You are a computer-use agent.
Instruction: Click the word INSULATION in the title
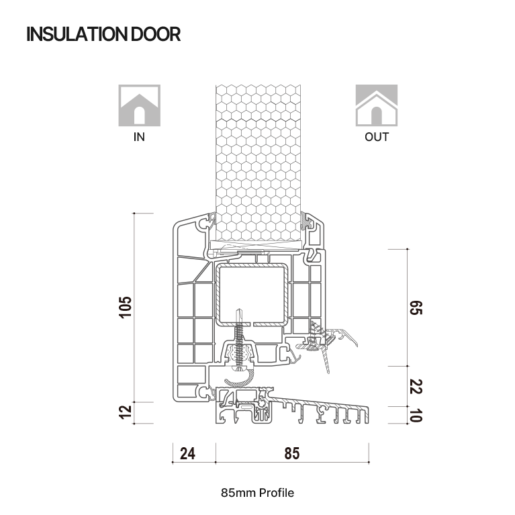tap(77, 34)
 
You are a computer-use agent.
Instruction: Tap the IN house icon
tap(139, 105)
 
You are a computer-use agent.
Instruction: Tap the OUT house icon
tap(377, 105)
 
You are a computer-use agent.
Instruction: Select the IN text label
tap(139, 136)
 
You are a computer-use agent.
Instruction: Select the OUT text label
tap(377, 136)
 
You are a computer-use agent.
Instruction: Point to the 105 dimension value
tap(125, 307)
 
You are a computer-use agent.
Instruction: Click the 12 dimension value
tap(125, 412)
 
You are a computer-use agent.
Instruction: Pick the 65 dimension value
tap(416, 308)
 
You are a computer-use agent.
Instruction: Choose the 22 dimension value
tap(416, 386)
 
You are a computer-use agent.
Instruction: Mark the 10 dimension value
tap(416, 415)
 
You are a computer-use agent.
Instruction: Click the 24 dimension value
tap(187, 453)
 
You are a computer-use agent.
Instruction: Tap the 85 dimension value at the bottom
tap(292, 453)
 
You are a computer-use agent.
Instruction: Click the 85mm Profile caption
tap(258, 493)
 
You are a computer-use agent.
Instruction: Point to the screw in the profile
tap(240, 340)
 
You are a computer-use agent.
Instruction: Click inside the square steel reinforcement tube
tap(252, 294)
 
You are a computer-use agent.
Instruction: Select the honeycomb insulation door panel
tap(258, 162)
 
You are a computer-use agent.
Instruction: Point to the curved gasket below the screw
tap(240, 379)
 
